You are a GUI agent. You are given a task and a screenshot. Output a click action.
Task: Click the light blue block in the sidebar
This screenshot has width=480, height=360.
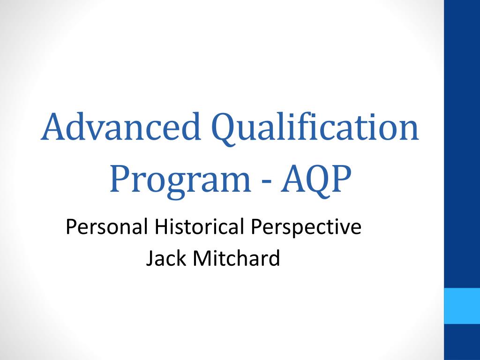point(462,306)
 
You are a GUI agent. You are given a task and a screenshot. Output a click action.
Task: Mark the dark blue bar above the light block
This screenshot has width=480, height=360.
point(462,141)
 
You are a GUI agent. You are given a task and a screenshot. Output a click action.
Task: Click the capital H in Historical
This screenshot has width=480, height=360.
point(160,227)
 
